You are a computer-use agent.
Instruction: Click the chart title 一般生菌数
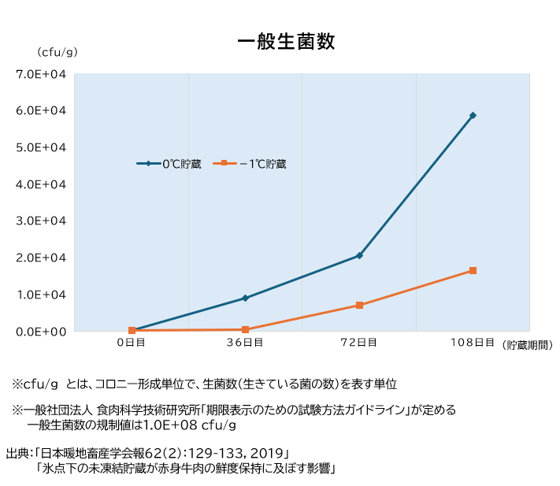(286, 42)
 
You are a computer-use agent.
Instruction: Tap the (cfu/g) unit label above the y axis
(57, 52)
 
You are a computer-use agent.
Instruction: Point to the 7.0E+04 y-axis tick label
(41, 74)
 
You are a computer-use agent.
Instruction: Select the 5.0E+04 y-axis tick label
(41, 147)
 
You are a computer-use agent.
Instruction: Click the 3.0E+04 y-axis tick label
(41, 221)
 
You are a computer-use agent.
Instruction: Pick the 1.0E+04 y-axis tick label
(41, 295)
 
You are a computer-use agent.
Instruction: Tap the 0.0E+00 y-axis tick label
(41, 331)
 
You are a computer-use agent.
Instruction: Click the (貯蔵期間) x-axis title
(527, 345)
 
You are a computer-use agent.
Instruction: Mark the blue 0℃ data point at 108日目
(473, 115)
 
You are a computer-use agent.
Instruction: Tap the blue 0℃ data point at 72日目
(359, 255)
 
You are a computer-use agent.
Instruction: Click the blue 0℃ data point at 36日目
(245, 298)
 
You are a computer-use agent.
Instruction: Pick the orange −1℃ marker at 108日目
(473, 270)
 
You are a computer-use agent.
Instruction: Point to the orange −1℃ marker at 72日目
(359, 305)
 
